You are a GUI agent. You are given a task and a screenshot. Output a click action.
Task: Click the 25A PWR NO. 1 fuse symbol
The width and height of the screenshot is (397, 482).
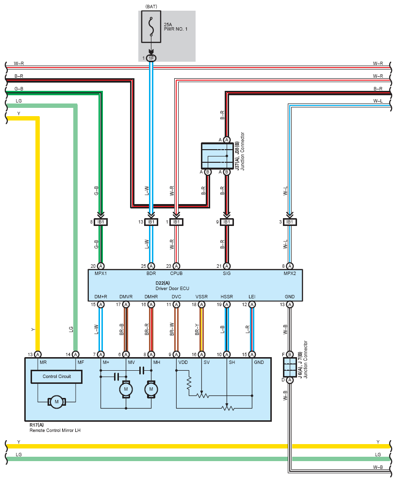tap(151, 27)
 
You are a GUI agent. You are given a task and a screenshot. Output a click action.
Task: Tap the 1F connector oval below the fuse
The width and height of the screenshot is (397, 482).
tap(151, 58)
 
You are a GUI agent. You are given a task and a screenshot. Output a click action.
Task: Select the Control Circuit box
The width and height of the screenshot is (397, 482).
tap(56, 377)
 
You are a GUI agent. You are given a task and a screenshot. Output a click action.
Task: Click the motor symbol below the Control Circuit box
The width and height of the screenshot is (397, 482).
tap(56, 401)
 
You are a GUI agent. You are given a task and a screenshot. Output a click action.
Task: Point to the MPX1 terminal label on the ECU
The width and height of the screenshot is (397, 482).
tap(100, 273)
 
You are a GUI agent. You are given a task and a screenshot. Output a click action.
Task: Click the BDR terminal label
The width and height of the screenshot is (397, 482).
tap(151, 273)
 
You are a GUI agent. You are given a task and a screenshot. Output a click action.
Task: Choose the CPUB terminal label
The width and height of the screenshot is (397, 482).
tap(176, 273)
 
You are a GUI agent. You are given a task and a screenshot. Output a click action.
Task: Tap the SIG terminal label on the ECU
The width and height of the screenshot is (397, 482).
tap(227, 273)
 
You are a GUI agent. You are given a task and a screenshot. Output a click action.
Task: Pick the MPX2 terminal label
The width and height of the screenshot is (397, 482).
tap(290, 273)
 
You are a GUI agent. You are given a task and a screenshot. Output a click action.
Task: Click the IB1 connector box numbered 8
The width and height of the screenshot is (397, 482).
tap(100, 222)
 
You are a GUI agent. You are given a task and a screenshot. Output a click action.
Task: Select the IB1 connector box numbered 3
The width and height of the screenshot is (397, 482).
tap(290, 222)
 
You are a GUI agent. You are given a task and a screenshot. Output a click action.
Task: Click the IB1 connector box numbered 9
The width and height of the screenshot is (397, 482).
tap(227, 222)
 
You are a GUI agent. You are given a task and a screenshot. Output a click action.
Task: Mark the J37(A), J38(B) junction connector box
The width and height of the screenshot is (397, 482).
tap(217, 155)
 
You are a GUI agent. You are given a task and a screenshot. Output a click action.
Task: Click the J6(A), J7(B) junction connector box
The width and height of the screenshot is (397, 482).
tap(290, 367)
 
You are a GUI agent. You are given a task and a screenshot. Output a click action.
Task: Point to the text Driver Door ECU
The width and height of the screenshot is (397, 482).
tap(172, 288)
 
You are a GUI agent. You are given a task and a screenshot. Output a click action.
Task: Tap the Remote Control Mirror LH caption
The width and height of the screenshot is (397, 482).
tap(55, 430)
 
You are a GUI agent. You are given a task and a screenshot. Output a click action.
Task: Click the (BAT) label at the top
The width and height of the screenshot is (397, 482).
tap(151, 6)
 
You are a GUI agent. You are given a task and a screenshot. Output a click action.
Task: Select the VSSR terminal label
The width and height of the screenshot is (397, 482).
tap(201, 297)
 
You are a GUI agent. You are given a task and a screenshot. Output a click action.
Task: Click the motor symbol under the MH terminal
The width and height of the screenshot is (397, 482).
tap(151, 389)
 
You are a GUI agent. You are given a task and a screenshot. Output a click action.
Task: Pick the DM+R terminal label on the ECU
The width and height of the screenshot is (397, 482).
tap(101, 297)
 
